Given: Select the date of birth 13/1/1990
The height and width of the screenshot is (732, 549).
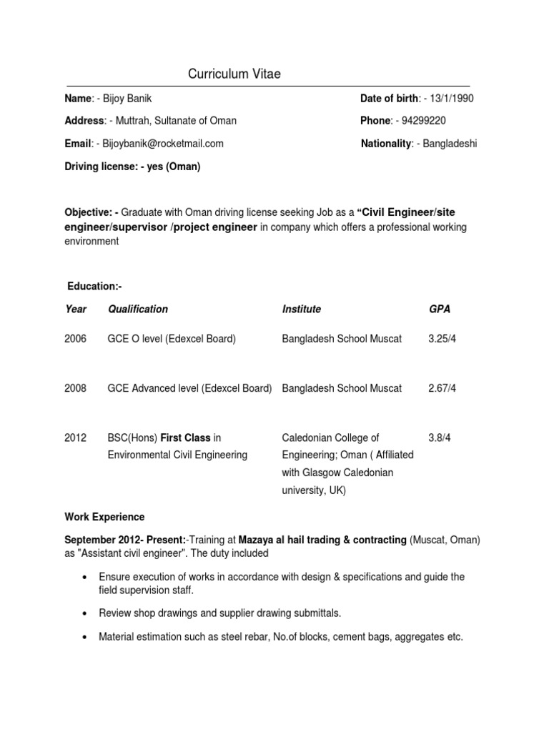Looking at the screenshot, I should pyautogui.click(x=449, y=99).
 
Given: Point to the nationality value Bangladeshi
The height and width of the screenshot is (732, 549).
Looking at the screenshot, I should pyautogui.click(x=450, y=144).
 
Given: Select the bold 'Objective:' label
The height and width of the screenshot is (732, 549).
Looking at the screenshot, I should pyautogui.click(x=88, y=212).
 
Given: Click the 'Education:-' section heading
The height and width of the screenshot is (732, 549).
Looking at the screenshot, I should pyautogui.click(x=94, y=286).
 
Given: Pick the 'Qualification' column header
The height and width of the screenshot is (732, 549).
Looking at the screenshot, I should pyautogui.click(x=138, y=309).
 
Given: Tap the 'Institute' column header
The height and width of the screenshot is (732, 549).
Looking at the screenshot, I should pyautogui.click(x=302, y=309).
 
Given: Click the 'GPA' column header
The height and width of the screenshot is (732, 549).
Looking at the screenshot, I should pyautogui.click(x=439, y=309).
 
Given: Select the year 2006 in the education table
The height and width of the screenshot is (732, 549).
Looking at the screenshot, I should pyautogui.click(x=75, y=338).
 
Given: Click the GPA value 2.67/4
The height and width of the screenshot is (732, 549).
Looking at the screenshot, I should pyautogui.click(x=442, y=388).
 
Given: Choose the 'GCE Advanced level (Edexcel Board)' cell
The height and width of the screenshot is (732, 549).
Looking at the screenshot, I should pyautogui.click(x=189, y=388).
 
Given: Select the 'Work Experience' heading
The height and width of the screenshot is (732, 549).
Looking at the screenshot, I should pyautogui.click(x=104, y=517).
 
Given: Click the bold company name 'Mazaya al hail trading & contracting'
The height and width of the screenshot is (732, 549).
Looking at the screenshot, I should pyautogui.click(x=322, y=540).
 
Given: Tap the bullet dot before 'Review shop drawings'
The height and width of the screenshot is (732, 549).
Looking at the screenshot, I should pyautogui.click(x=86, y=613).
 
